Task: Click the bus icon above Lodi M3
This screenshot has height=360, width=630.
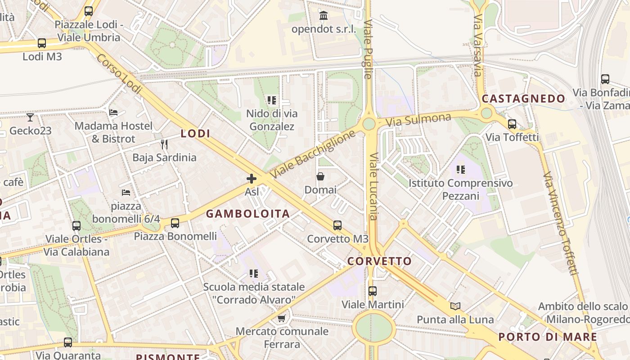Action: pyautogui.click(x=42, y=43)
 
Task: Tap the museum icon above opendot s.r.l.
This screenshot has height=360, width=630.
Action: pyautogui.click(x=323, y=16)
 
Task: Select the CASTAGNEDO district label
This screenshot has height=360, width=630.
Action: pyautogui.click(x=523, y=99)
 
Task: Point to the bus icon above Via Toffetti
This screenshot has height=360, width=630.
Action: pyautogui.click(x=512, y=124)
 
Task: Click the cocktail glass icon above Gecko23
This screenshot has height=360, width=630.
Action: pyautogui.click(x=30, y=117)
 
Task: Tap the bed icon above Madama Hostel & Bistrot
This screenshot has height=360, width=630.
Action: pyautogui.click(x=113, y=112)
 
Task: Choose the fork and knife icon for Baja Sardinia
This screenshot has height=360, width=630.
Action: pyautogui.click(x=164, y=144)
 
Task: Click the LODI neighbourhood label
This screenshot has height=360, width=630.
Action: pyautogui.click(x=195, y=134)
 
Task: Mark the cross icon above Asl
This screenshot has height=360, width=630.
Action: pyautogui.click(x=252, y=179)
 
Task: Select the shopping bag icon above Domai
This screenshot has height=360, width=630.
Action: pyautogui.click(x=320, y=176)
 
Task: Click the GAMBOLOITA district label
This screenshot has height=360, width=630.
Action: pyautogui.click(x=248, y=214)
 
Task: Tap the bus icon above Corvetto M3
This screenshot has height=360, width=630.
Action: pyautogui.click(x=337, y=225)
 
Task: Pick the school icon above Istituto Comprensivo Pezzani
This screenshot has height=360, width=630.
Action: pyautogui.click(x=460, y=170)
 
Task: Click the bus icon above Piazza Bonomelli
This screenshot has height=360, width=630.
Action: pyautogui.click(x=175, y=223)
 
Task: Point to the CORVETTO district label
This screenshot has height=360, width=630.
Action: pyautogui.click(x=379, y=261)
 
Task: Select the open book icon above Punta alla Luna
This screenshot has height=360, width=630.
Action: pyautogui.click(x=455, y=306)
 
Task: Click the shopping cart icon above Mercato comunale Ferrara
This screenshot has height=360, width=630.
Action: pyautogui.click(x=282, y=319)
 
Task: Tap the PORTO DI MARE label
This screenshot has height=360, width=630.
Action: pyautogui.click(x=548, y=337)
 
